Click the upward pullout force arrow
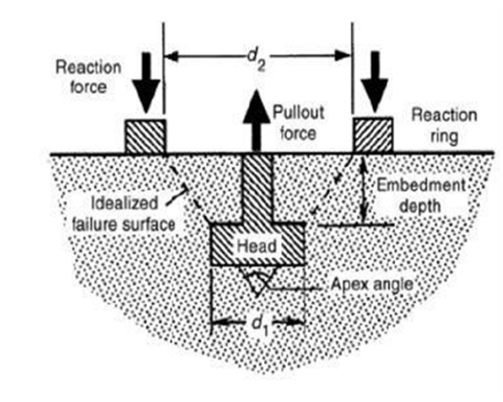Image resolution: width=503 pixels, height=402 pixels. tap(256, 121)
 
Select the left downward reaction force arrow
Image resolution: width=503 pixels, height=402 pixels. tap(146, 84)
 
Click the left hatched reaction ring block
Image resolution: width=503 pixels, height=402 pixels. tap(145, 136)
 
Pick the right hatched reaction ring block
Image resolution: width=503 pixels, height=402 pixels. tap(373, 135)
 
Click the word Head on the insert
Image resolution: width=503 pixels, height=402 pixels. tap(257, 246)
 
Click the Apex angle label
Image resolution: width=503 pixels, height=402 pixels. tap(372, 284)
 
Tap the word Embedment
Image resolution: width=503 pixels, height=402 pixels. tap(421, 185)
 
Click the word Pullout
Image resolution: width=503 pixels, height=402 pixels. tap(299, 113)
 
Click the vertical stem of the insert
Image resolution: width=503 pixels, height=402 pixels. tap(257, 188)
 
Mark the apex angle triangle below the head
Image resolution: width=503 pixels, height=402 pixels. tap(257, 280)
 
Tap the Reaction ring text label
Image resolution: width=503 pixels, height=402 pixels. tap(444, 126)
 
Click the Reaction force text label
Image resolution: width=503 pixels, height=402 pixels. tap(88, 77)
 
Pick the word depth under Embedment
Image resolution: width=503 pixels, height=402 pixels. tap(420, 206)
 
